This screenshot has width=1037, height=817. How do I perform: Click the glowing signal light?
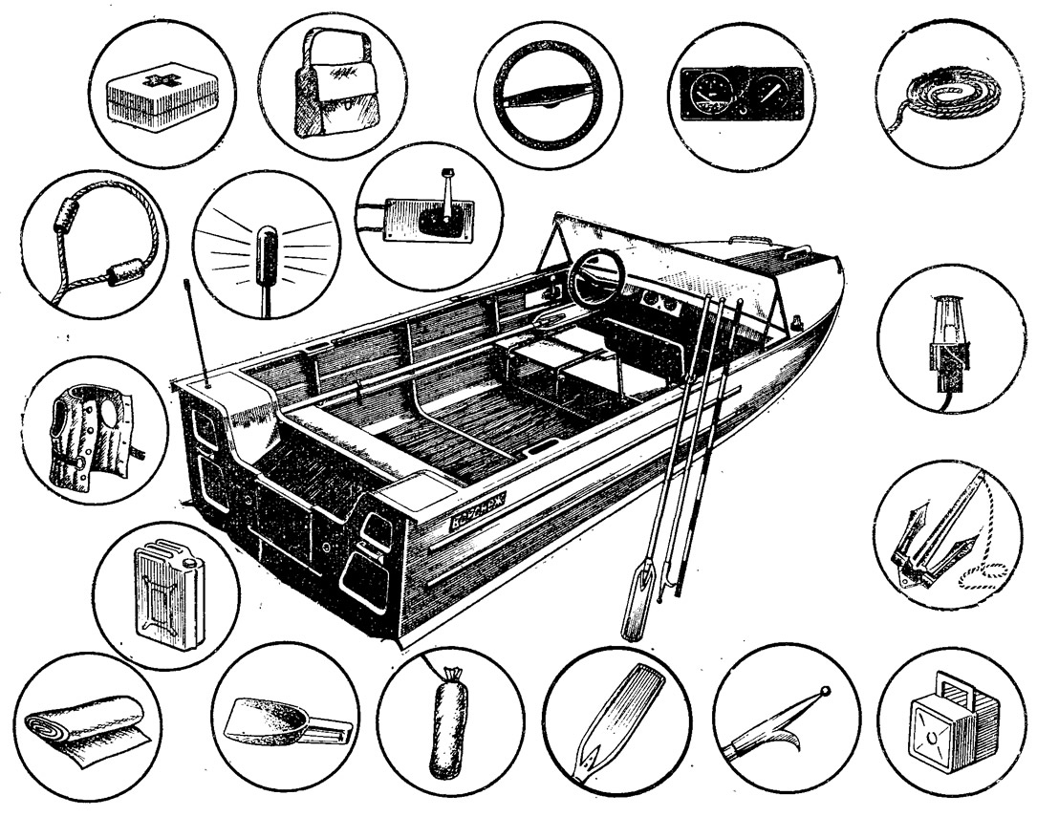pos(267,252)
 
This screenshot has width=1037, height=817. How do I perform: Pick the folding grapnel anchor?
pos(932,544)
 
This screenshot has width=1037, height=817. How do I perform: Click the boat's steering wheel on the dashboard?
pos(596,277)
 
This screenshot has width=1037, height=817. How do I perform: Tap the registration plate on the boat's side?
pos(483,517)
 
